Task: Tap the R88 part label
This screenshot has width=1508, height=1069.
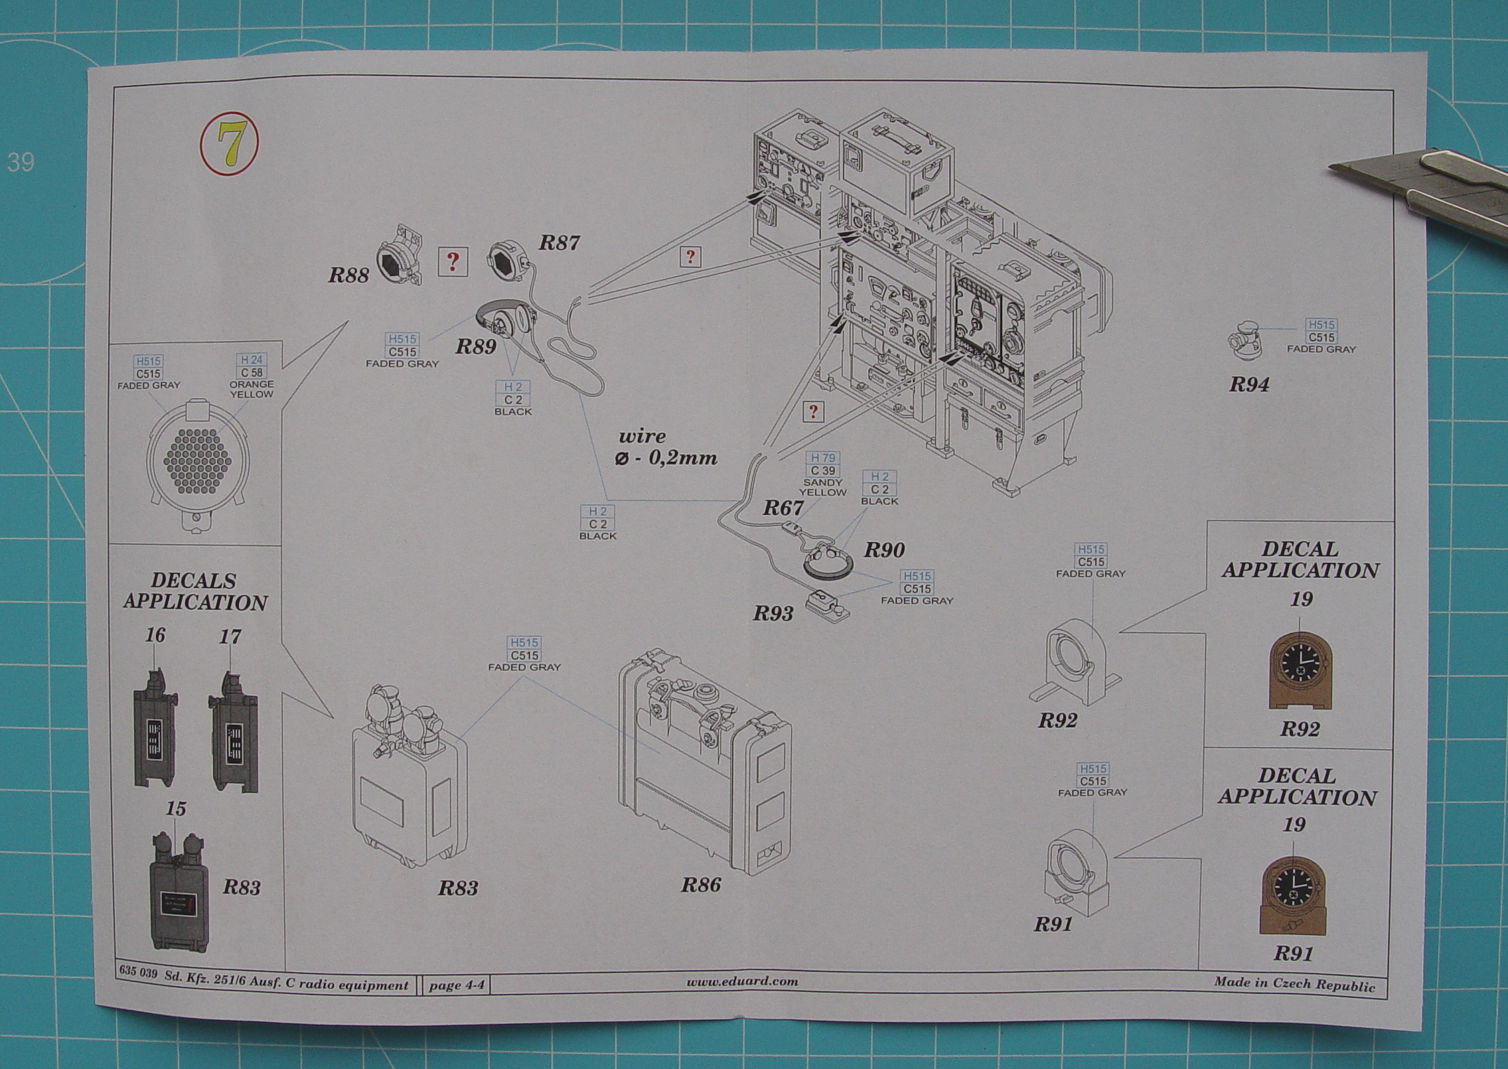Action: (x=348, y=275)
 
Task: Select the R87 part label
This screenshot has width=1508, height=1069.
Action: (x=558, y=243)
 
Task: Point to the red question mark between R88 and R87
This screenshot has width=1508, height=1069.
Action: (x=453, y=263)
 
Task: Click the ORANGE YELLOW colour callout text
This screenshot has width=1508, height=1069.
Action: (x=251, y=389)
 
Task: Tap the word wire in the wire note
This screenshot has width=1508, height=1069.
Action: (x=641, y=436)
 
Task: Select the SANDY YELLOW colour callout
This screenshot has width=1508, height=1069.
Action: (x=823, y=487)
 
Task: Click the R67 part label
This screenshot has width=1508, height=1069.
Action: (x=783, y=508)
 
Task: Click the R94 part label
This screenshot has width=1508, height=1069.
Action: (x=1248, y=384)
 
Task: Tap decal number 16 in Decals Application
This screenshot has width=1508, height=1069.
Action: (x=155, y=636)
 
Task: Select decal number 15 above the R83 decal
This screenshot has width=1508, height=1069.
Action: (x=176, y=809)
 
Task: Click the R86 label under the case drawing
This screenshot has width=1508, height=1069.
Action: (x=700, y=885)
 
